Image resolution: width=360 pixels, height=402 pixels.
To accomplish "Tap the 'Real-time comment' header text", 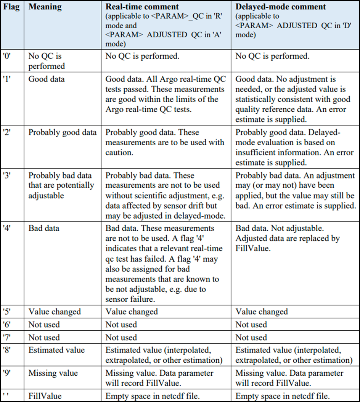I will (143, 7).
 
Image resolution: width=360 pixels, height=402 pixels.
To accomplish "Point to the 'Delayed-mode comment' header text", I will (281, 7).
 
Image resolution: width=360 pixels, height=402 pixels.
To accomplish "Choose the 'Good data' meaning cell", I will (47, 79).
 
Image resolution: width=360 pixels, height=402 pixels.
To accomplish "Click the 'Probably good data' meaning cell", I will (63, 133).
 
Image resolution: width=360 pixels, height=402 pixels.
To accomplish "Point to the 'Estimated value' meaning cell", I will (56, 350).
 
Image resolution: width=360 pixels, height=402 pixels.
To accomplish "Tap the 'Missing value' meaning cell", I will (53, 373).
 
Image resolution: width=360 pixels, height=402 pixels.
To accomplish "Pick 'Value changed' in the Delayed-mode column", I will (262, 312).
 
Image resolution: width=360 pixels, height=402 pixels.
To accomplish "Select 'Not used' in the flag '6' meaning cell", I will (44, 325).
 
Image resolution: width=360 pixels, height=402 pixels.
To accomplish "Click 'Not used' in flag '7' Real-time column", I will (121, 338).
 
